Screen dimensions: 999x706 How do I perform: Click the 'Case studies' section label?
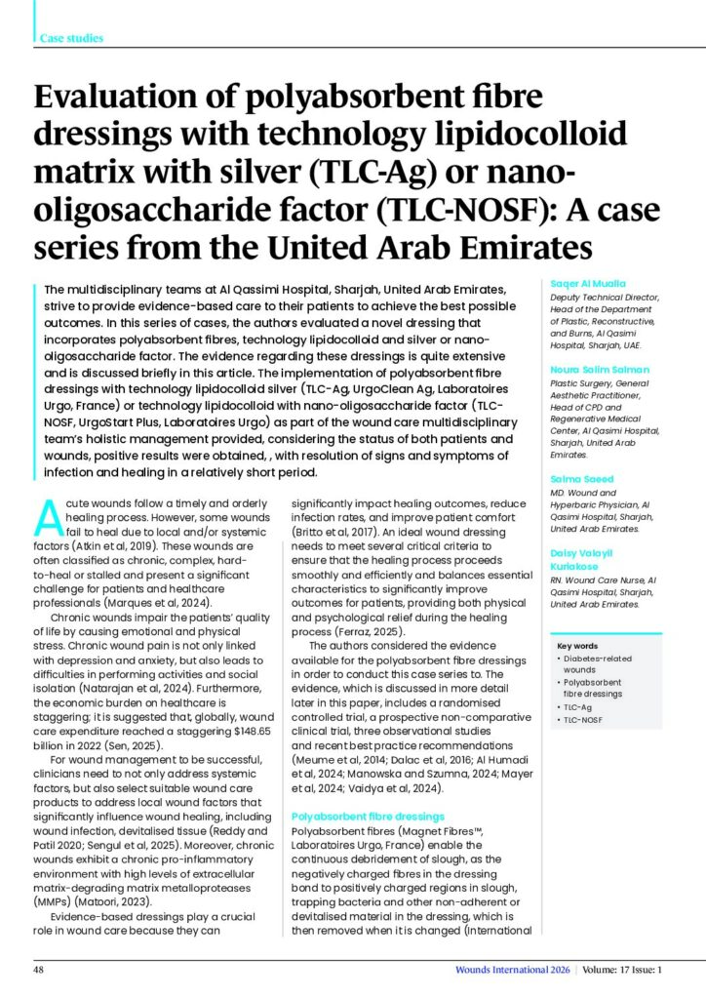tap(71, 38)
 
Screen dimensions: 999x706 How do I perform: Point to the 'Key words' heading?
tap(578, 646)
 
